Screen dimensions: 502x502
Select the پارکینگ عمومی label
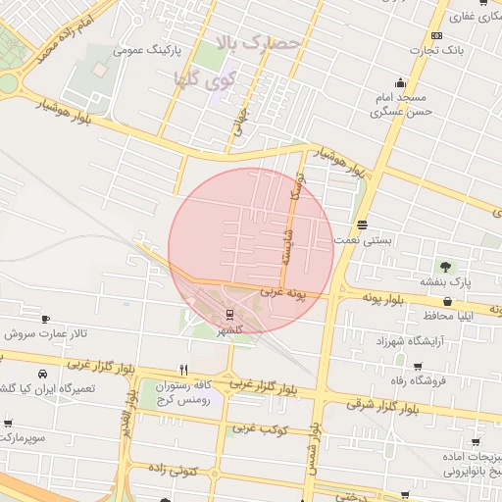[148, 47]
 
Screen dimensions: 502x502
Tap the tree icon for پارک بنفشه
[446, 266]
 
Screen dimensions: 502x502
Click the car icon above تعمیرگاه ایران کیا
[43, 375]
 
